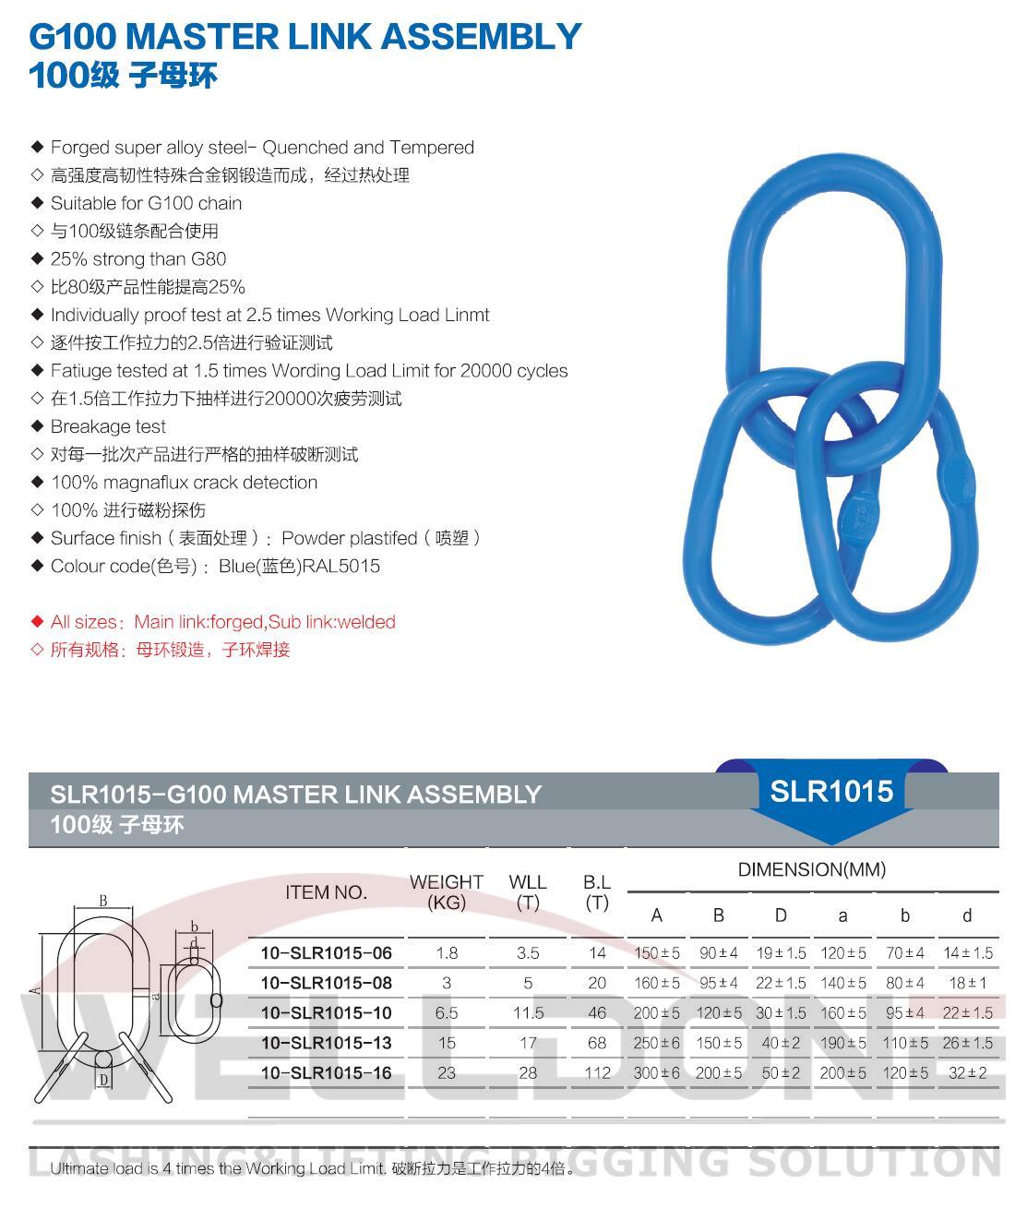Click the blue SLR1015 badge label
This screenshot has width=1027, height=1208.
[831, 792]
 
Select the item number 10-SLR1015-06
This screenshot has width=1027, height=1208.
[326, 953]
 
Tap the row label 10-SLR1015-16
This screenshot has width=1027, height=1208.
[326, 1073]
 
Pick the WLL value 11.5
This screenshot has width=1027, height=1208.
[528, 1013]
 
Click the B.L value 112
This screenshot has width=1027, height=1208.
[597, 1073]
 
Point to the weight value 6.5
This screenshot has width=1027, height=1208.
[447, 1013]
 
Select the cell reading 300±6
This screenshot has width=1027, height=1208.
[656, 1073]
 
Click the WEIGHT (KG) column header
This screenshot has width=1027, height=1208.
[447, 892]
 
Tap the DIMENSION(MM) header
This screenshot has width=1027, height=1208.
[811, 869]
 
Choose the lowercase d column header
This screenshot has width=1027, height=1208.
[967, 916]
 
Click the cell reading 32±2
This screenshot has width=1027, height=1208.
[967, 1073]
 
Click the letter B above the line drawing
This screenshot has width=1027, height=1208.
[103, 901]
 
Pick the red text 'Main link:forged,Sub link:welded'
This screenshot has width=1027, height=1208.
[265, 623]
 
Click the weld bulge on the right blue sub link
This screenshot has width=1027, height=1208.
[959, 472]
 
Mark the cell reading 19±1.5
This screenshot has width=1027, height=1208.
[781, 953]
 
